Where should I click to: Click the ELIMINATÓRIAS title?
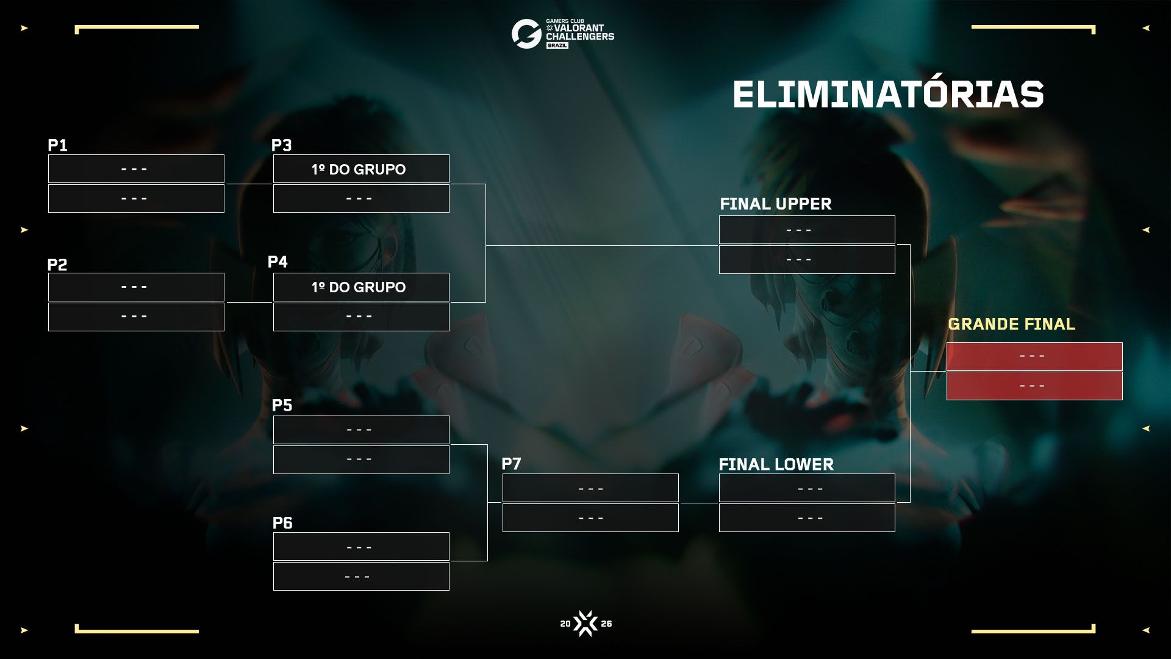tap(888, 95)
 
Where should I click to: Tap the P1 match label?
tap(57, 145)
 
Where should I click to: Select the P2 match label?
tap(57, 265)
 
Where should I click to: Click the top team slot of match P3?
tap(361, 169)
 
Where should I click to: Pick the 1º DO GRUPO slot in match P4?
tap(361, 287)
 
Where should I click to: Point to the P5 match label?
tap(282, 405)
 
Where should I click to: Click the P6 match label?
tap(282, 523)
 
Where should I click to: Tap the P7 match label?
tap(511, 464)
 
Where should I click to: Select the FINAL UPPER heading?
tap(775, 204)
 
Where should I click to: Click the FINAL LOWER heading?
tap(776, 464)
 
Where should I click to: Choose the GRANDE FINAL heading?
tap(1011, 324)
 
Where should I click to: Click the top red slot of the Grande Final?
tap(1034, 356)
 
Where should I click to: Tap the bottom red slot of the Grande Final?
tap(1034, 386)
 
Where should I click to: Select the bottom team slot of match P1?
tap(136, 198)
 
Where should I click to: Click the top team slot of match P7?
tap(590, 488)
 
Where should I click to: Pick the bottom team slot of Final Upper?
tap(807, 260)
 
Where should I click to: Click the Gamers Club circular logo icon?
tap(526, 34)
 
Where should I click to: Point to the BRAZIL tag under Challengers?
tap(557, 46)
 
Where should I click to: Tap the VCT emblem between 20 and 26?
tap(585, 624)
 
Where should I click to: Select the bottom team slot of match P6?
tap(361, 576)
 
